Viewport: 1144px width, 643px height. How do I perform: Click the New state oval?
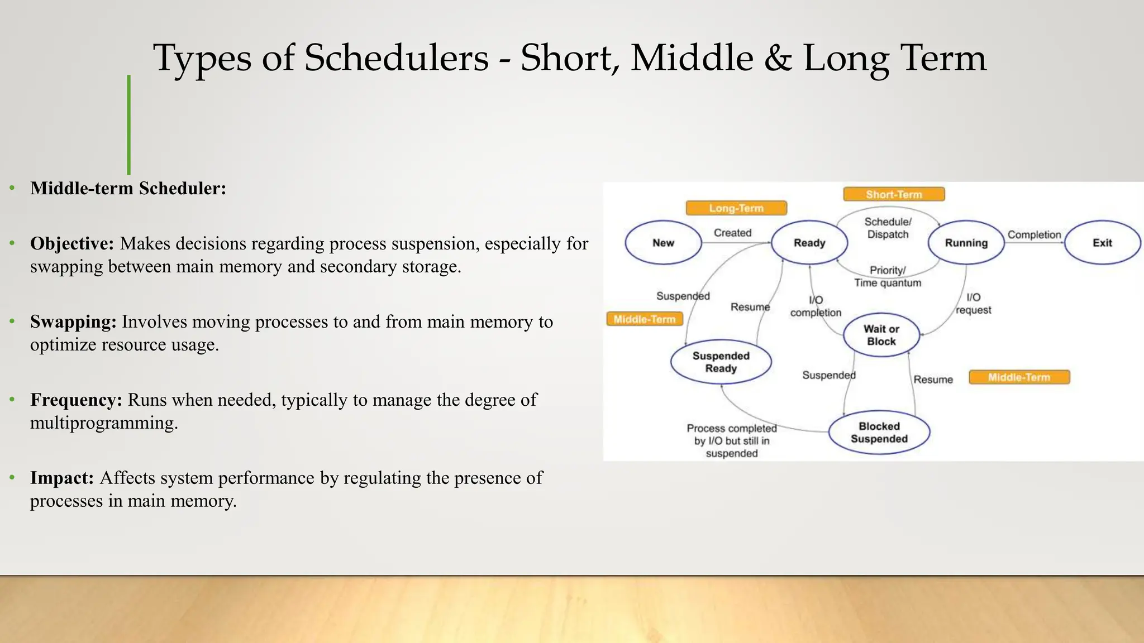point(663,243)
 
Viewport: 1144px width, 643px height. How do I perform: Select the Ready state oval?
point(809,243)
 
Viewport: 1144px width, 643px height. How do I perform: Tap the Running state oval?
point(966,243)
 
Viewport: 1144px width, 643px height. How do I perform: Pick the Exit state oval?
point(1102,243)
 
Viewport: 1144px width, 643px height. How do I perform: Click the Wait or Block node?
point(881,335)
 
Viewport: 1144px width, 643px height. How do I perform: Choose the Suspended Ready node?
point(721,362)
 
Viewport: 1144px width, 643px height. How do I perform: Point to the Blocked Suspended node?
point(879,433)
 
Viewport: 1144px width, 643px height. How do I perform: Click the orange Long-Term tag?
point(736,208)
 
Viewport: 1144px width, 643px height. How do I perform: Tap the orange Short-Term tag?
point(894,194)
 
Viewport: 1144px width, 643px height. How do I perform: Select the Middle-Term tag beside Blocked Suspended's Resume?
point(1019,377)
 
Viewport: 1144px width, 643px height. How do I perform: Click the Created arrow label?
point(732,233)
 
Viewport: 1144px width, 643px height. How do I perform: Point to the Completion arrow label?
point(1034,235)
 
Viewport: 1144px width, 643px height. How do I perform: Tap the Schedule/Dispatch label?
point(888,228)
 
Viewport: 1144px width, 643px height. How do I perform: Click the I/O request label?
point(973,304)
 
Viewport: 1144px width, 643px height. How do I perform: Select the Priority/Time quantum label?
point(888,276)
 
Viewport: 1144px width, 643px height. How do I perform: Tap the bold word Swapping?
point(73,321)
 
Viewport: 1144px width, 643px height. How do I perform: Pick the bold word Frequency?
point(76,400)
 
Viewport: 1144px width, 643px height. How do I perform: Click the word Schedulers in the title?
point(397,58)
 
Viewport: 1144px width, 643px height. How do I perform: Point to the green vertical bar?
point(128,125)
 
